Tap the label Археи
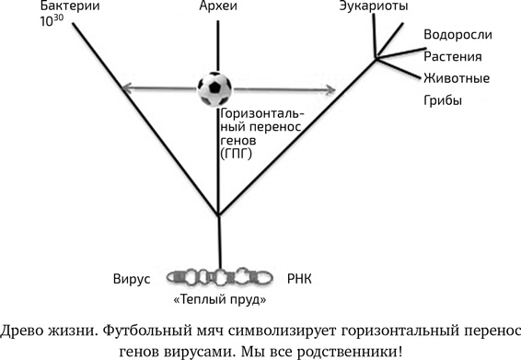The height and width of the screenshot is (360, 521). point(218,8)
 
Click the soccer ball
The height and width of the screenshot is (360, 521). point(217,88)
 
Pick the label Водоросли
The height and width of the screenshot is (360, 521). point(457,35)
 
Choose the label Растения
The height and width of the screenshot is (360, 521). point(453,56)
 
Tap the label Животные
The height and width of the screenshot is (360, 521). point(457,77)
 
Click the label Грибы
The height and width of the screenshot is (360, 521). point(443,99)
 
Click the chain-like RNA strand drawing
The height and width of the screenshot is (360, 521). point(218,276)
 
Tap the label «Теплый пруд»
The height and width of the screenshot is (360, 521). point(220,299)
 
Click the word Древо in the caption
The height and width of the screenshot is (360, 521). point(26,329)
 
